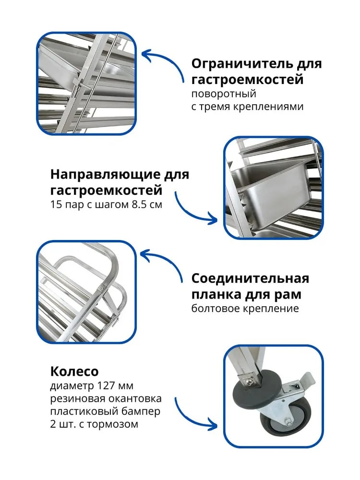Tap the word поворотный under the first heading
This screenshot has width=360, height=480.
[x=224, y=94]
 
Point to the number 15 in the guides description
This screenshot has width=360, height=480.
[x=56, y=204]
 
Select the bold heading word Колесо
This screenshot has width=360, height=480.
[x=74, y=372]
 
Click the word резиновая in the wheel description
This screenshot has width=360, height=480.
[x=77, y=399]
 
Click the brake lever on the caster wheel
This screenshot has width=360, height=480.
[x=303, y=379]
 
